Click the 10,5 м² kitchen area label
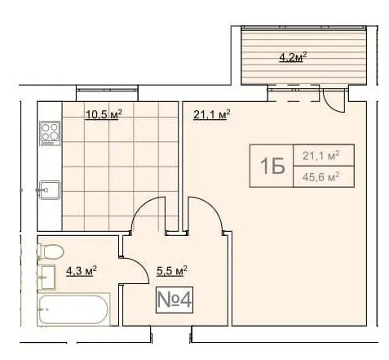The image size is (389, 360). [104, 115]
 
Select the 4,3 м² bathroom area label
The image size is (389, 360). [82, 271]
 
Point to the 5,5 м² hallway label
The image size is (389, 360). [172, 271]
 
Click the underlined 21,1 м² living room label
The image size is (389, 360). [212, 115]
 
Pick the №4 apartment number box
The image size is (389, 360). [175, 300]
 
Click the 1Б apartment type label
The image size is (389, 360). [272, 166]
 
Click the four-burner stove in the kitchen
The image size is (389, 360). [51, 133]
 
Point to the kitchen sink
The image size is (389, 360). [49, 189]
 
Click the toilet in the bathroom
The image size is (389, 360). [50, 251]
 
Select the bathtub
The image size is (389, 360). [73, 309]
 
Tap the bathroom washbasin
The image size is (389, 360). [46, 277]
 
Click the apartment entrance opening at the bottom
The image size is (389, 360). [171, 335]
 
